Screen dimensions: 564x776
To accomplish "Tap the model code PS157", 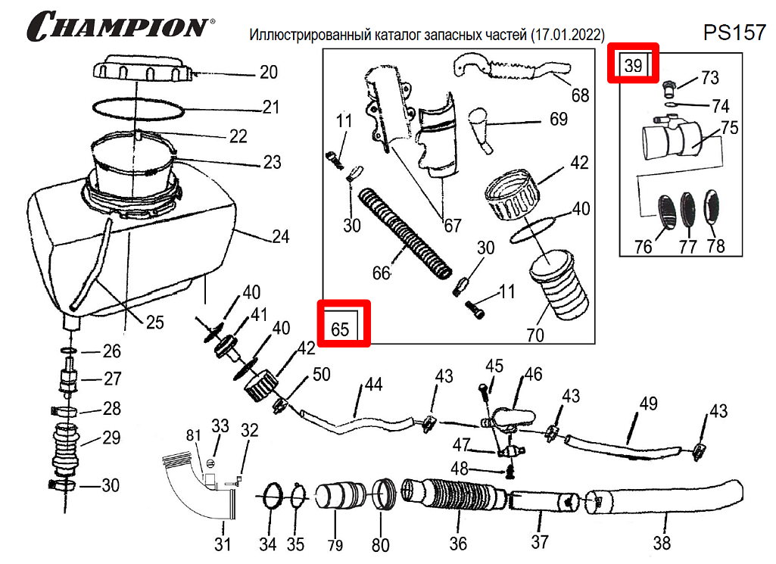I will pyautogui.click(x=734, y=32).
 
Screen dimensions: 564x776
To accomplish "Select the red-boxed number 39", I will pyautogui.click(x=634, y=65).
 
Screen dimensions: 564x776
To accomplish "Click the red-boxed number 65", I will pyautogui.click(x=341, y=329).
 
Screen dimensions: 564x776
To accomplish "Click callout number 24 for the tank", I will pyautogui.click(x=280, y=237).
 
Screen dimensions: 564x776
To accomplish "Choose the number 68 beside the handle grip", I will pyautogui.click(x=580, y=95).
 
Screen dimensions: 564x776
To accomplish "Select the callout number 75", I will pyautogui.click(x=729, y=127).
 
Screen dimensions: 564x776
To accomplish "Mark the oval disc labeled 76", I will pyautogui.click(x=664, y=210).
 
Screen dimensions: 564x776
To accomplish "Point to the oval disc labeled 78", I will pyautogui.click(x=714, y=207).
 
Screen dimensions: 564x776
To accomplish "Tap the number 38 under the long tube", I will pyautogui.click(x=662, y=543).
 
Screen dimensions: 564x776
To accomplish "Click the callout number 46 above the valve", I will pyautogui.click(x=533, y=374).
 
